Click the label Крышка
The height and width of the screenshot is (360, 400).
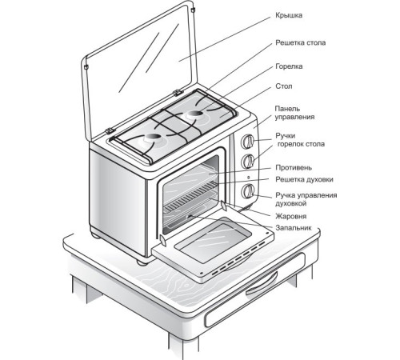[x=289, y=15]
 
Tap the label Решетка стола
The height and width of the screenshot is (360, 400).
[x=301, y=42]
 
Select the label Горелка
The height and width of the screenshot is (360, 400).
[x=289, y=66]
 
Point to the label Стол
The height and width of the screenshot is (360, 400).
[x=284, y=86]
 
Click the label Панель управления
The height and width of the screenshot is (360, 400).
[x=294, y=113]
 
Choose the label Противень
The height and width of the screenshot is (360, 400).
[x=294, y=168]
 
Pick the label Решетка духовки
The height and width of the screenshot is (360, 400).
[x=304, y=179]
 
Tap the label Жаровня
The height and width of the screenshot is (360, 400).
[x=291, y=216]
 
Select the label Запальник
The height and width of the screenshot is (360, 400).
[x=294, y=228]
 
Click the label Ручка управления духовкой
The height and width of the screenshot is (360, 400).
[x=306, y=199]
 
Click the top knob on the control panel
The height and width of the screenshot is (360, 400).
[x=248, y=142]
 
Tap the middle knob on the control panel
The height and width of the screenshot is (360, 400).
[x=248, y=161]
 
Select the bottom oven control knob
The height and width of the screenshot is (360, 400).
[x=248, y=191]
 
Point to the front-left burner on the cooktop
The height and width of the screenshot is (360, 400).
[x=153, y=138]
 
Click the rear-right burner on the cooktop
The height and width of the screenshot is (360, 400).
[x=195, y=114]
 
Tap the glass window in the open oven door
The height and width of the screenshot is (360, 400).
[x=214, y=239]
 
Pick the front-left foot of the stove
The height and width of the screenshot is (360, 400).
[x=142, y=262]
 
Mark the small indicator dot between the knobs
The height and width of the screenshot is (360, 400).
[x=248, y=178]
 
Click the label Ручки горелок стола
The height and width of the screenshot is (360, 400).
[x=300, y=140]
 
